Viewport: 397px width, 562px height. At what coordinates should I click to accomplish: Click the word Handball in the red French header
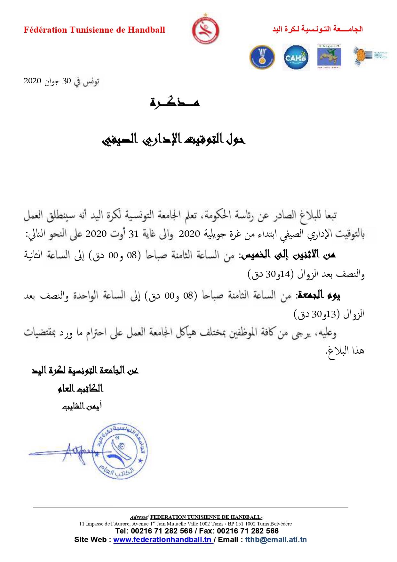point(146,30)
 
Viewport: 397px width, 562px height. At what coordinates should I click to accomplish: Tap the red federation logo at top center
point(205,30)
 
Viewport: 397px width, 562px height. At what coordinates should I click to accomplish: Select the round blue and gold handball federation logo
point(262,58)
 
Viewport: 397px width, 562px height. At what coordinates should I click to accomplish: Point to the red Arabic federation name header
point(317,29)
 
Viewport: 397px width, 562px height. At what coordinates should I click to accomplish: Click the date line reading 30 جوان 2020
point(61,81)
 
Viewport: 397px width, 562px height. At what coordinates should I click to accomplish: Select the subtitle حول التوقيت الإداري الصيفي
point(174,139)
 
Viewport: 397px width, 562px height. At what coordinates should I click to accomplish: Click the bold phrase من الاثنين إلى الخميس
point(288,255)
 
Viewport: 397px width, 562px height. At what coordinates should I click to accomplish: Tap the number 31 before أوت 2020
point(133,234)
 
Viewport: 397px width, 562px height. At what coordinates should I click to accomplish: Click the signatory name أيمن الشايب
point(82,406)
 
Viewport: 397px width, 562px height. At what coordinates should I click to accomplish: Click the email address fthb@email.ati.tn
point(276,540)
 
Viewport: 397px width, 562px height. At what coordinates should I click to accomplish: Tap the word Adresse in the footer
point(139,517)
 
